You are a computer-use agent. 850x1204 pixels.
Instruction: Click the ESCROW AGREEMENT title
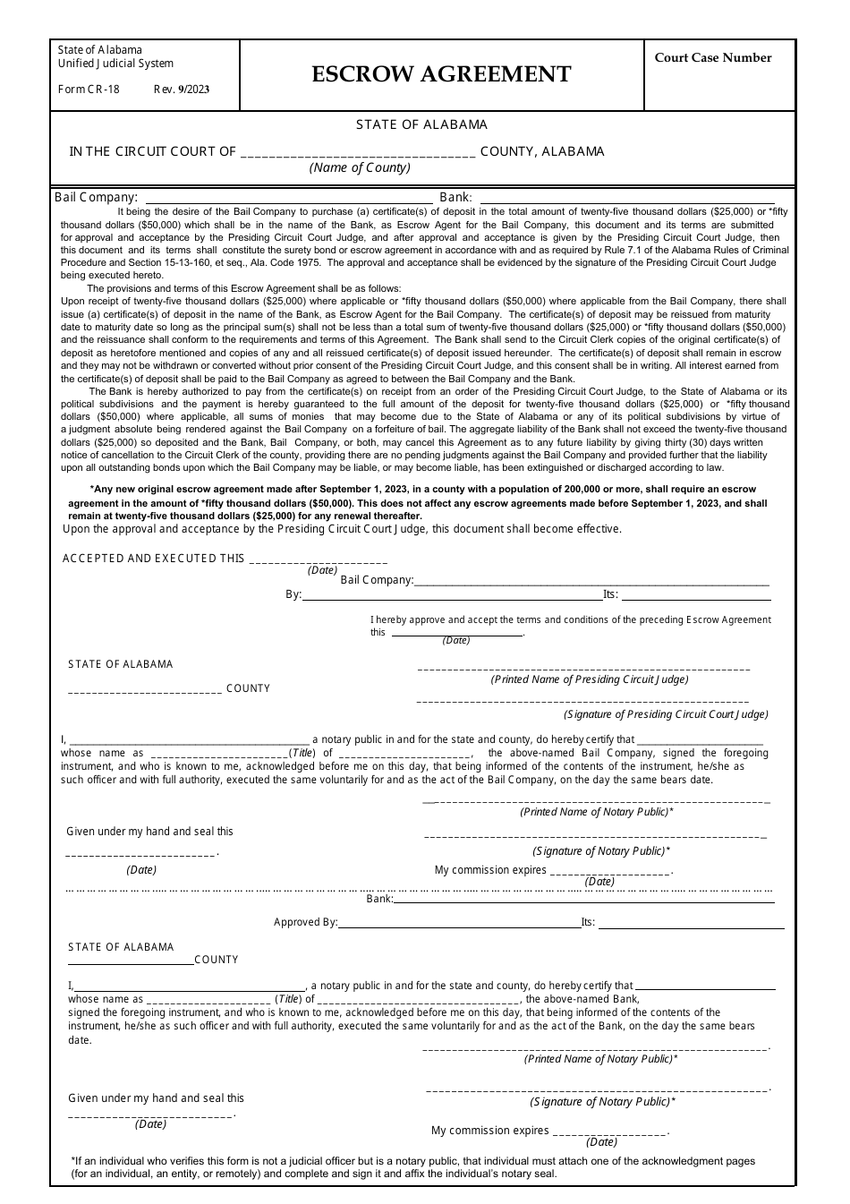tap(441, 74)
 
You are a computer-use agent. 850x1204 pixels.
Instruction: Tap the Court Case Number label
tap(712, 58)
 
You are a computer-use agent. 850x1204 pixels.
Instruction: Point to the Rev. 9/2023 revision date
tap(182, 90)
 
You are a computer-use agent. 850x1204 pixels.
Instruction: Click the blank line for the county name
tap(358, 153)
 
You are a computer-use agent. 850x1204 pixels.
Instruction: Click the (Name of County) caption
tap(360, 168)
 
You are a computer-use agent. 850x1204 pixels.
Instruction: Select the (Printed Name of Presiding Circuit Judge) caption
tap(590, 679)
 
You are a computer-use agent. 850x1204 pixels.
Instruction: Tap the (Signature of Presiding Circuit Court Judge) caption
tap(666, 714)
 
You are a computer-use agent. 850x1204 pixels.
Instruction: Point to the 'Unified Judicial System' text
tap(116, 64)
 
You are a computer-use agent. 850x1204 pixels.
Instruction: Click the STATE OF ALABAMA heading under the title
tap(421, 125)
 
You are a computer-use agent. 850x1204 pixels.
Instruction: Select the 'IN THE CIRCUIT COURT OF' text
tap(153, 152)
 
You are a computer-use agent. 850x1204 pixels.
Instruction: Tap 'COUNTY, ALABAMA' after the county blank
tap(542, 152)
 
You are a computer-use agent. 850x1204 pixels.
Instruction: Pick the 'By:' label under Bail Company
tap(293, 594)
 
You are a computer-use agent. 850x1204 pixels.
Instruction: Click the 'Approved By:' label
tap(306, 923)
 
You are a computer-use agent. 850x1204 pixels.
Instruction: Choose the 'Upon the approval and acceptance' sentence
tap(342, 529)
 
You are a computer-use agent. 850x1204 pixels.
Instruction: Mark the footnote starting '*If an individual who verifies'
tap(412, 1167)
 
